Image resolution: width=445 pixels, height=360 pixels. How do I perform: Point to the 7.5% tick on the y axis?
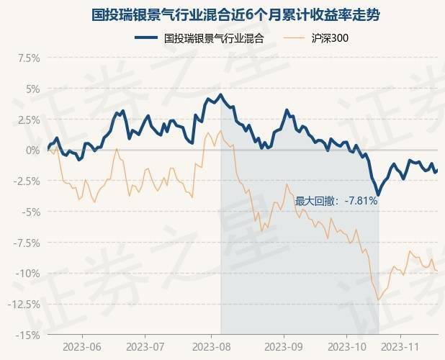27,58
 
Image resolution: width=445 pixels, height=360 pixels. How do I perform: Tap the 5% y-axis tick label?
32,89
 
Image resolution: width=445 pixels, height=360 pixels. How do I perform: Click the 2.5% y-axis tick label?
27,120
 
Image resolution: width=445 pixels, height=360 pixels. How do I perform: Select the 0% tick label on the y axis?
32,150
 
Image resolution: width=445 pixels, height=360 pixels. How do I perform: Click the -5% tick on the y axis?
30,212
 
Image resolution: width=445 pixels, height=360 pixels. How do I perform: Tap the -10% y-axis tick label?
27,273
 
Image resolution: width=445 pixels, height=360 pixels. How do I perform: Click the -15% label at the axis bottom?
27,335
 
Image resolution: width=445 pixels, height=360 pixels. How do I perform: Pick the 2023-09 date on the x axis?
283,346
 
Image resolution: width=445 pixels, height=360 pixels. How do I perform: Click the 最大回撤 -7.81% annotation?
336,202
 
